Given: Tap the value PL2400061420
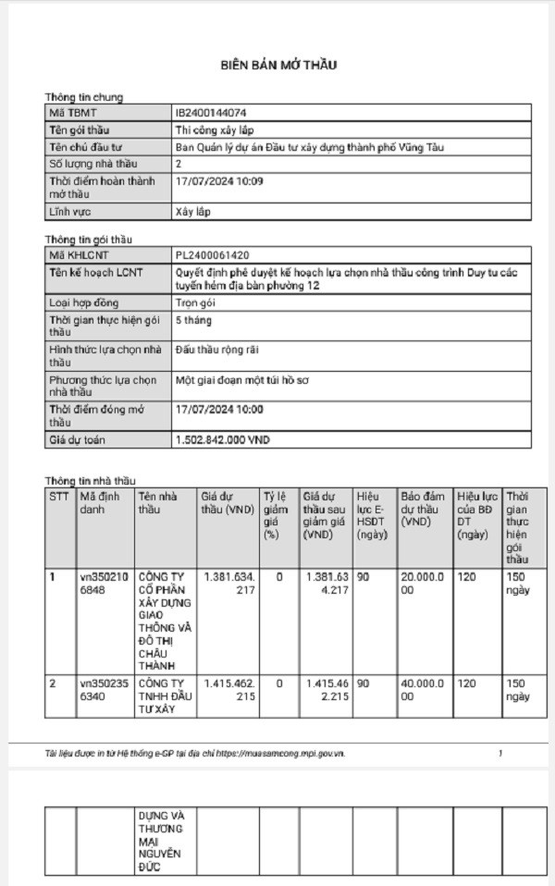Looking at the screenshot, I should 211,254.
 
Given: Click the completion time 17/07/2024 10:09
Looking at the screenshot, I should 219,181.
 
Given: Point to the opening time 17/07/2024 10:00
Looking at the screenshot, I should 219,408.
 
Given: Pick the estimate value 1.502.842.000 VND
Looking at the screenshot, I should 222,440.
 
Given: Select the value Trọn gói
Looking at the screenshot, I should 196,302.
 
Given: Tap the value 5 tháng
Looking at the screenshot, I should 193,320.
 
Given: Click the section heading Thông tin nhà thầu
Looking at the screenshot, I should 91,481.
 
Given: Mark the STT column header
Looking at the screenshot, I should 58,496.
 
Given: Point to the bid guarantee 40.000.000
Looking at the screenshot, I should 424,689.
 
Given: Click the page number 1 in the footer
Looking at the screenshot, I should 500,755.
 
